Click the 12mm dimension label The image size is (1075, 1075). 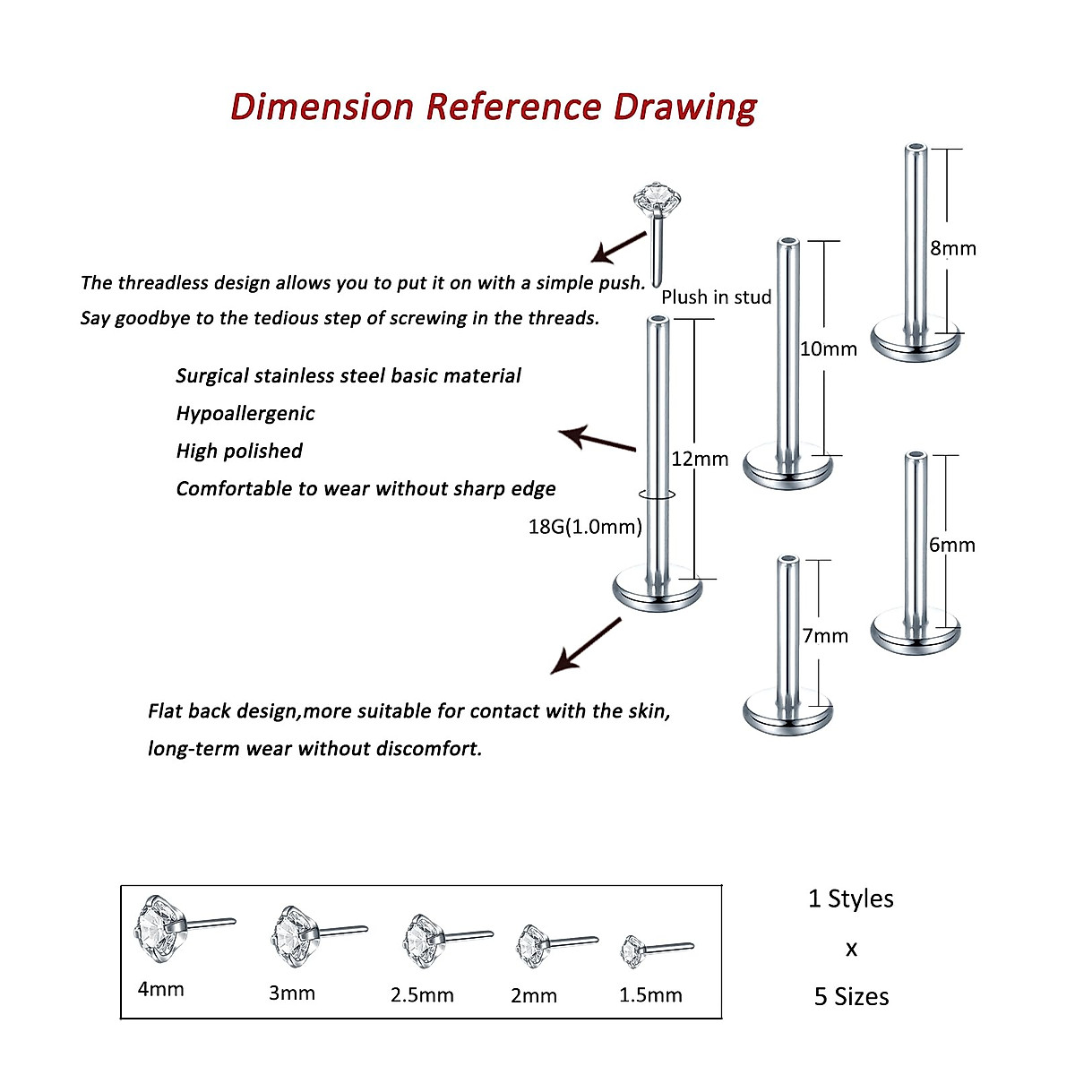pos(700,460)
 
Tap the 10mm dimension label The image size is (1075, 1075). pos(828,349)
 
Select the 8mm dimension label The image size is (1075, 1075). pos(952,249)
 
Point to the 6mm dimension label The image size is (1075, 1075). pos(951,546)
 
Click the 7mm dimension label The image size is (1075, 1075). pos(825,636)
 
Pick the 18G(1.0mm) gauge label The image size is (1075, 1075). pos(585,527)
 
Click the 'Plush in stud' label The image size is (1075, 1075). pos(716,297)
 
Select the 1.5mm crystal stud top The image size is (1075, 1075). pos(633,950)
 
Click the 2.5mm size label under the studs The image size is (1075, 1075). pos(422,995)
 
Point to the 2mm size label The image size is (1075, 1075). pos(534,995)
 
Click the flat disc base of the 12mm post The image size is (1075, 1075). pos(658,589)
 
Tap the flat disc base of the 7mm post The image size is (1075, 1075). pos(788,711)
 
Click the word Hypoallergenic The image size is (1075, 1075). pos(245,414)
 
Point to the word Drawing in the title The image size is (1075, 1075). pos(685,107)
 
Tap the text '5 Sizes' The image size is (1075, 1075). pos(851,997)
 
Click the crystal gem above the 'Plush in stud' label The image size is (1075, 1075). pos(657,196)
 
